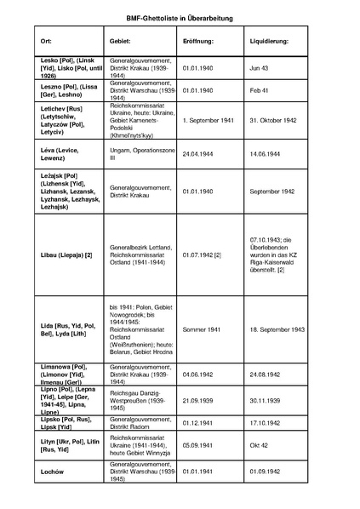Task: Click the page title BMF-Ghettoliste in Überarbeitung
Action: [180, 17]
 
